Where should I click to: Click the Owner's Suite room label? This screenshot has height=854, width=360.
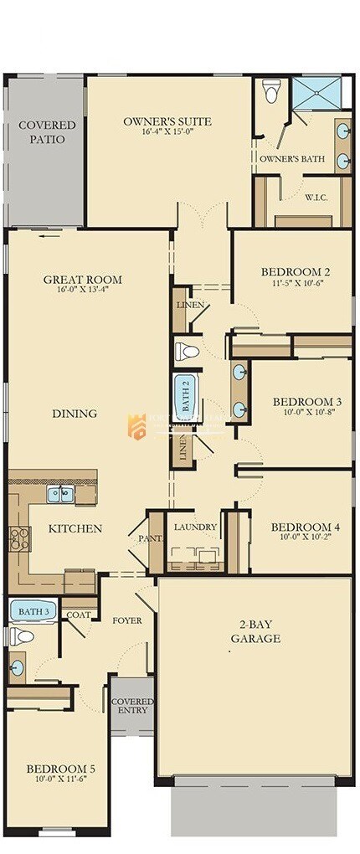(167, 121)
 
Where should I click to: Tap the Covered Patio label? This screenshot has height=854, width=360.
(47, 132)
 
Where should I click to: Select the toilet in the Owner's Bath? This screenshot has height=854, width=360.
(271, 91)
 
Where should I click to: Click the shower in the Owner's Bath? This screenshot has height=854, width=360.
(316, 95)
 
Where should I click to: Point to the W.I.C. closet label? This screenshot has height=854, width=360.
(316, 198)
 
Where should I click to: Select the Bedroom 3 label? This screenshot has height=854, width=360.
(301, 402)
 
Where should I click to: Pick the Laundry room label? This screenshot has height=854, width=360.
(196, 527)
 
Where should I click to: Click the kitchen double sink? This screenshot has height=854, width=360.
(59, 494)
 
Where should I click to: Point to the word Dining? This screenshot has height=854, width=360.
(75, 414)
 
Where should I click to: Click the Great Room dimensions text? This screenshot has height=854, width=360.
(82, 290)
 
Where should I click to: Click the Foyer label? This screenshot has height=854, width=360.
(128, 620)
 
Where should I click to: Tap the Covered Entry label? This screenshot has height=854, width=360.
(132, 706)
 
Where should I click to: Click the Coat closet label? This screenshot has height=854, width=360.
(78, 614)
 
